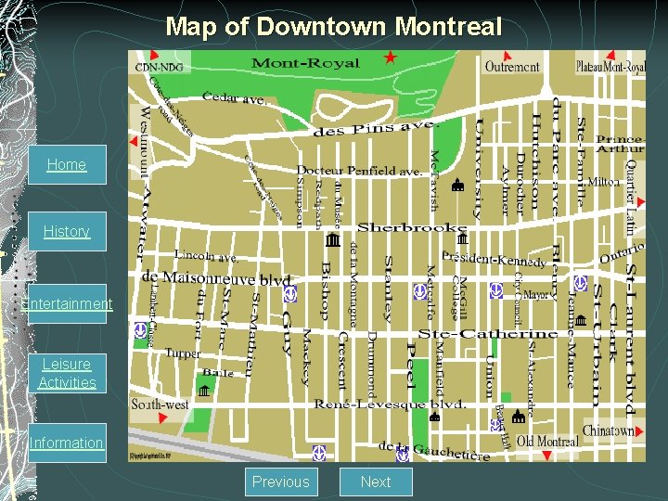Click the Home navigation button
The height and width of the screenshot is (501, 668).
click(x=66, y=165)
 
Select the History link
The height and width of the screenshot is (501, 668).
click(x=66, y=231)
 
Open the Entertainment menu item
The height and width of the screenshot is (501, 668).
click(x=67, y=303)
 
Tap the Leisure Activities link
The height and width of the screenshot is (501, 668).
click(x=67, y=373)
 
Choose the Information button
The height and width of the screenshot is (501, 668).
click(x=66, y=443)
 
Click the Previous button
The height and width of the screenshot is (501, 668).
click(x=280, y=482)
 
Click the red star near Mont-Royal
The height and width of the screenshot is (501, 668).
click(x=390, y=58)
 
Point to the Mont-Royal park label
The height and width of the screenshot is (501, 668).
click(x=305, y=64)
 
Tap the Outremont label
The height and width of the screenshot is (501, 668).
click(x=511, y=67)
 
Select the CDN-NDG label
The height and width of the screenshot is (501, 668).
click(x=159, y=67)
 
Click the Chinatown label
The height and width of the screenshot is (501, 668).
click(x=608, y=430)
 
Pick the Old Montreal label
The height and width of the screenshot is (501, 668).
click(x=547, y=441)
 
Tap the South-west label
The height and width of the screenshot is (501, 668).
click(x=160, y=405)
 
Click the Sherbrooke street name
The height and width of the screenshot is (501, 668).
click(x=411, y=227)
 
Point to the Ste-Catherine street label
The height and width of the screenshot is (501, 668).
click(x=488, y=333)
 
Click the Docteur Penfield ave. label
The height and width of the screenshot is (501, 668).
click(x=359, y=171)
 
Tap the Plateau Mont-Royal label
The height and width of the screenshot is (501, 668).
click(x=610, y=67)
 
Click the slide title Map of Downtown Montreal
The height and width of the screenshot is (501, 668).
click(x=333, y=26)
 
